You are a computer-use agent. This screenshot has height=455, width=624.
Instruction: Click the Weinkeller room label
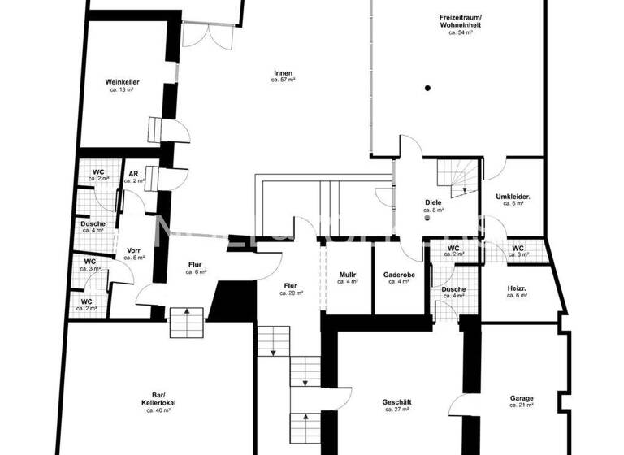click(x=121, y=82)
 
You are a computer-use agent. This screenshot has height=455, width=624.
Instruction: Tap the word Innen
click(x=282, y=73)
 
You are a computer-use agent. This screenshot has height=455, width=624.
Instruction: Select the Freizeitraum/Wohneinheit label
click(x=461, y=20)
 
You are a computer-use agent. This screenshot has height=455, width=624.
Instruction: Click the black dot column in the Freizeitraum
click(x=427, y=88)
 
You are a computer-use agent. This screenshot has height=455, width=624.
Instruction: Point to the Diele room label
click(x=431, y=202)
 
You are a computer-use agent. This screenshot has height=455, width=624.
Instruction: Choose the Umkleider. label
click(x=513, y=196)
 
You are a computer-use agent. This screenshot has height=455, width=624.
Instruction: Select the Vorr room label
click(x=135, y=249)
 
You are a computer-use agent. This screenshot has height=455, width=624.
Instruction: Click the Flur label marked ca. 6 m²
click(x=195, y=264)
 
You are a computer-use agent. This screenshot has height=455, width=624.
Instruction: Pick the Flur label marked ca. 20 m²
click(x=290, y=285)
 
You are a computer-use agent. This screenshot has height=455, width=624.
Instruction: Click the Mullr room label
click(x=348, y=275)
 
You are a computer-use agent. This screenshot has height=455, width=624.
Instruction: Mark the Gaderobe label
click(x=397, y=275)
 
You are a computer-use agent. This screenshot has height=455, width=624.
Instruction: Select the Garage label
click(x=522, y=398)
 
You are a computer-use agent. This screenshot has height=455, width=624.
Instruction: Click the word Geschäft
click(x=397, y=402)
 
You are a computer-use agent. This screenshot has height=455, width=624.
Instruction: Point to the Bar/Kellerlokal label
click(x=158, y=400)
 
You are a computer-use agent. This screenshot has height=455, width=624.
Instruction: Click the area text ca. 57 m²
click(x=282, y=80)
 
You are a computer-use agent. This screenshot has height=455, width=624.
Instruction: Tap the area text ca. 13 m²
click(x=121, y=89)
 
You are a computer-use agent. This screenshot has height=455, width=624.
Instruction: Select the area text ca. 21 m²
click(x=522, y=405)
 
